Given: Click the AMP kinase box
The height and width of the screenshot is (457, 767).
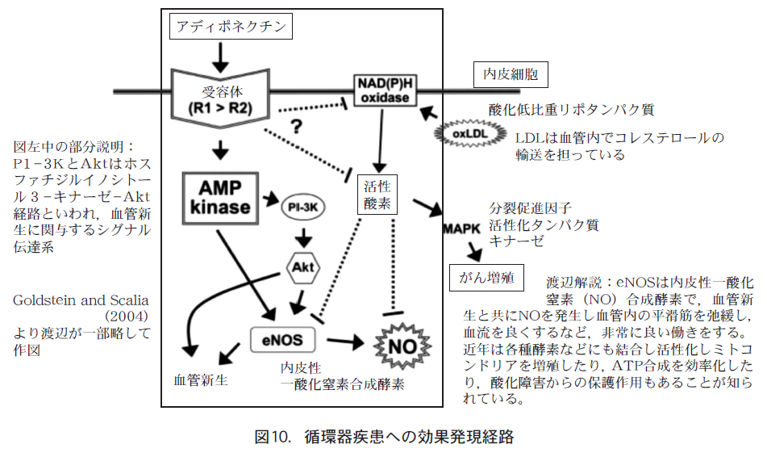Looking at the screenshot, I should pyautogui.click(x=220, y=196).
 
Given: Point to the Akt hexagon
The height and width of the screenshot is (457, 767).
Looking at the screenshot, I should pyautogui.click(x=303, y=267).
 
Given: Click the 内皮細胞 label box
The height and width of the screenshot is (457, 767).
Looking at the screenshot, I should pyautogui.click(x=510, y=76).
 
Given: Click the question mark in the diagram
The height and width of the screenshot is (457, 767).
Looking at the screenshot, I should pyautogui.click(x=296, y=127).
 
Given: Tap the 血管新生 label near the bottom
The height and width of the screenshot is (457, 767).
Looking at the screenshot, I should pyautogui.click(x=201, y=379).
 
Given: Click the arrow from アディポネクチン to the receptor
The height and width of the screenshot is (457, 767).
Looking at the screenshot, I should pyautogui.click(x=220, y=56).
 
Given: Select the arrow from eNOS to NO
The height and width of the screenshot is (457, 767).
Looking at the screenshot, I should pyautogui.click(x=342, y=342).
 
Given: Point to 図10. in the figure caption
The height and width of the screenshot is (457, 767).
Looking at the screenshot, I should pyautogui.click(x=272, y=438).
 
